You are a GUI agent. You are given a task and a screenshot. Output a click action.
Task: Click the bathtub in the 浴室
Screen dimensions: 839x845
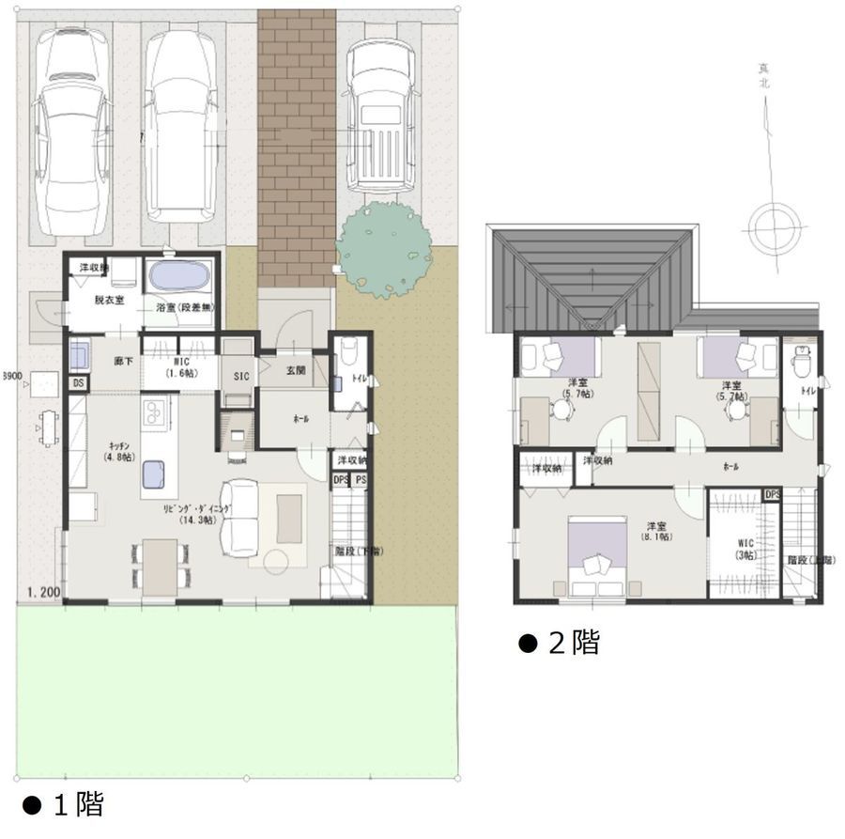[x=178, y=277]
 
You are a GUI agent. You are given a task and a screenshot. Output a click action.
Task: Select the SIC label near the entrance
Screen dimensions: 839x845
[x=239, y=377]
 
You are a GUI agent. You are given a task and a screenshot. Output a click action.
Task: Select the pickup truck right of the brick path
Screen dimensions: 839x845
[x=380, y=113]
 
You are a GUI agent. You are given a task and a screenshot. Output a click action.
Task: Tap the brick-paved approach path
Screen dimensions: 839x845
[x=297, y=141]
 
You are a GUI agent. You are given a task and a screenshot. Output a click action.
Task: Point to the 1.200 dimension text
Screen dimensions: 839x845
[x=43, y=594]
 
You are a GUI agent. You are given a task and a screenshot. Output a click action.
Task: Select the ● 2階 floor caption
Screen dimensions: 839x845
[x=560, y=644]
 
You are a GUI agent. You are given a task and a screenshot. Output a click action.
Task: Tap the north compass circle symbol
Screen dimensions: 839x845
[x=775, y=225]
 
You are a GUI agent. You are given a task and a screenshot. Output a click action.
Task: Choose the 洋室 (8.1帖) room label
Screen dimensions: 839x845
[x=655, y=532]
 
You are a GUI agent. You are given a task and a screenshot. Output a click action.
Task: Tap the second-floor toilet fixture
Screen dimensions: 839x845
[x=802, y=360]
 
